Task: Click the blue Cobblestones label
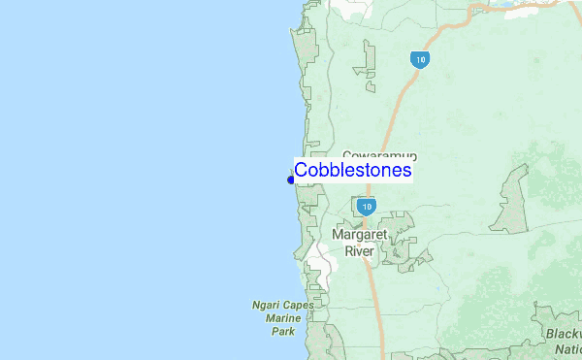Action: [353, 171]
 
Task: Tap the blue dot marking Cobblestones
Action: [291, 179]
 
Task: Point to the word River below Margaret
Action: [360, 250]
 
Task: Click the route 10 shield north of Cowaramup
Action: [419, 59]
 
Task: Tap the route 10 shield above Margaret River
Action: [366, 207]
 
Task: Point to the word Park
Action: [282, 331]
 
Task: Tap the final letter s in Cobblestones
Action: [407, 171]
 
